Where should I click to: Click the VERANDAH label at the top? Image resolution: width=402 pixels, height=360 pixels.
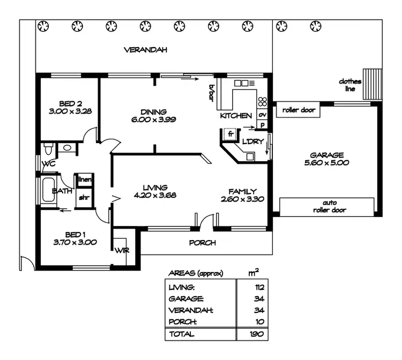146,50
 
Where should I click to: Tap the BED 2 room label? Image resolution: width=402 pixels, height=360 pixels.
71,103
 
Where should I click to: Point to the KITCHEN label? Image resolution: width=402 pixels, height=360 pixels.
236,116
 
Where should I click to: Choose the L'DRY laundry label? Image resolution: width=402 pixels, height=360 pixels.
252,142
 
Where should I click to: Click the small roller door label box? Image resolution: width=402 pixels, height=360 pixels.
298,111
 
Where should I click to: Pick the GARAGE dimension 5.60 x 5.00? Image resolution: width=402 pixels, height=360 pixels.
327,163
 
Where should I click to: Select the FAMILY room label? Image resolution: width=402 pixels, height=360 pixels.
242,191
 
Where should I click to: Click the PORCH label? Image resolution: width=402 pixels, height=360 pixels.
203,243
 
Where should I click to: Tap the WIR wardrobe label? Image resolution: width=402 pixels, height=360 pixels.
119,250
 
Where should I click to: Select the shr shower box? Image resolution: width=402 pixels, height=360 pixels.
85,197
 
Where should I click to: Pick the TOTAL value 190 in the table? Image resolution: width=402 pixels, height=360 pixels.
259,334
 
